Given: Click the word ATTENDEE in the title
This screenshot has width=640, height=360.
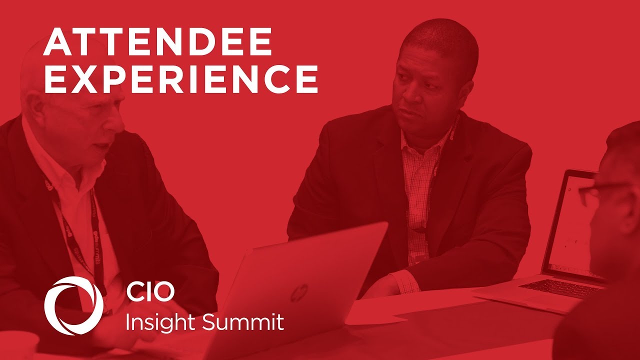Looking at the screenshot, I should (157, 42).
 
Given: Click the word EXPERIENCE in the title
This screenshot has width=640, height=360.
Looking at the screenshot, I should (181, 79).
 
